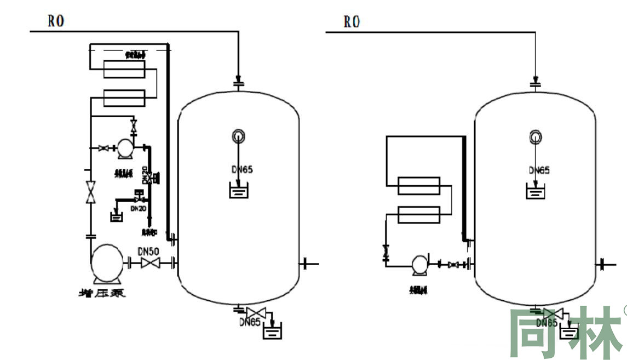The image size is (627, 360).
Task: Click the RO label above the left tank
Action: [56, 21]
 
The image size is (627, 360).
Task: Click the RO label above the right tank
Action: [352, 22]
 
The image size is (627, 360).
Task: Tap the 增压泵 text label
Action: [102, 293]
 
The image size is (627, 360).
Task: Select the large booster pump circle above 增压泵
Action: [108, 263]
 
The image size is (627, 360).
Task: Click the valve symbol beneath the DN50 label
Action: [149, 264]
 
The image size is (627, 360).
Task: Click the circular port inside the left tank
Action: [238, 135]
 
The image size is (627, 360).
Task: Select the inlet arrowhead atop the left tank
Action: [238, 77]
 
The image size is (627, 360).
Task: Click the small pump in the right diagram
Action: [419, 264]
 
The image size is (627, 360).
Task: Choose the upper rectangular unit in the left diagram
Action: [124, 70]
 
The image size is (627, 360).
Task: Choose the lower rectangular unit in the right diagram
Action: [419, 214]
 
